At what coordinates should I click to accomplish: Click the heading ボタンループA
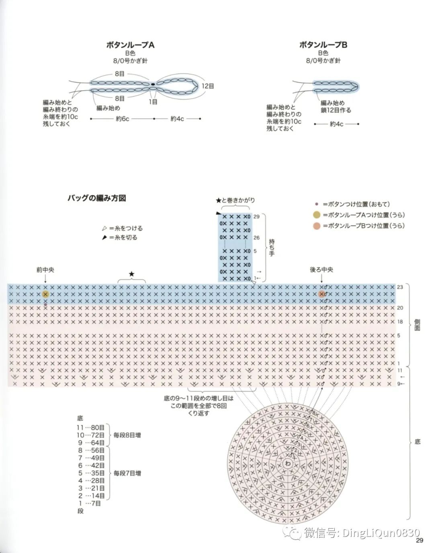point(130,45)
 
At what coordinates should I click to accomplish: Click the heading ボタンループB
point(323,45)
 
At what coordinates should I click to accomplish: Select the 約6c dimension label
point(123,119)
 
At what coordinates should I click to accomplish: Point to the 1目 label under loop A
point(153,102)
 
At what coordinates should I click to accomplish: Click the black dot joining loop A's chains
point(153,84)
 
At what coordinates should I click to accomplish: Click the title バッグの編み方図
point(97,198)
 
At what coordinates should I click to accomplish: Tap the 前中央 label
point(45,270)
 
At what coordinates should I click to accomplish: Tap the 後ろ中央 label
point(321,270)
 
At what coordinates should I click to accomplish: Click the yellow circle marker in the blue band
point(45,294)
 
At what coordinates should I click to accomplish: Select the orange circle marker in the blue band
point(321,294)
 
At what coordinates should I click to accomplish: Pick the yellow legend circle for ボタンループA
point(317,215)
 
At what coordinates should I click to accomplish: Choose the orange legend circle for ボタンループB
point(317,226)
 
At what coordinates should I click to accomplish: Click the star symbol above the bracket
point(131,274)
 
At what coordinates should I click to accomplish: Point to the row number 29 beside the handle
point(256,216)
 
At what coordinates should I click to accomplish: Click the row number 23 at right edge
point(400,287)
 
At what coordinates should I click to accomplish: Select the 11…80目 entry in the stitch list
point(91,428)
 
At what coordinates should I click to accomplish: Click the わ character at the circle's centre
point(288,463)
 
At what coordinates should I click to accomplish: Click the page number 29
point(420,541)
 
